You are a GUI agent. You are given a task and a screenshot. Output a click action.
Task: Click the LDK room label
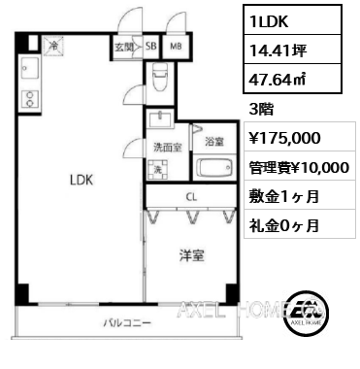(82, 180)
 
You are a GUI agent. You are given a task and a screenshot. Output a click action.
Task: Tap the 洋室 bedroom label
(192, 255)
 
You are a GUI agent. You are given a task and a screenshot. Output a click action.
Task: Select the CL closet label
(191, 197)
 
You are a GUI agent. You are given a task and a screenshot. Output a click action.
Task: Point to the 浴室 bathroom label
(214, 142)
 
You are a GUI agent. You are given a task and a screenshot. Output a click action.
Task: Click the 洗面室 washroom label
(167, 148)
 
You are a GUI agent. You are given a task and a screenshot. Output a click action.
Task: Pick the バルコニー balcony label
(127, 323)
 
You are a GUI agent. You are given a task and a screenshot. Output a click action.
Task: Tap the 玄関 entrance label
(124, 47)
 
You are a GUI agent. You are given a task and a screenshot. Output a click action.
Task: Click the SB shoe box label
(150, 47)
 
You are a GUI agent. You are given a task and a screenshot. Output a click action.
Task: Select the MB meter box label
(176, 47)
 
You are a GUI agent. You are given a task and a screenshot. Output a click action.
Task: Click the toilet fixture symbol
(160, 77)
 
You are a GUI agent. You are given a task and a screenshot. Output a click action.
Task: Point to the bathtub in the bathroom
(214, 168)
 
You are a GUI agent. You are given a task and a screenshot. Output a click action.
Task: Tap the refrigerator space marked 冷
(54, 46)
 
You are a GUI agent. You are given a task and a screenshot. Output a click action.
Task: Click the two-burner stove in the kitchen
(30, 99)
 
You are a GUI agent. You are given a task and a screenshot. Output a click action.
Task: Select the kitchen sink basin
(30, 68)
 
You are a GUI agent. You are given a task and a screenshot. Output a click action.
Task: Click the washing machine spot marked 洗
(157, 170)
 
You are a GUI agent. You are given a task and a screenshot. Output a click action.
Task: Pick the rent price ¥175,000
(284, 138)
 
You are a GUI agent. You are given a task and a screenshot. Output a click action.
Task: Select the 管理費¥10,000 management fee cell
(299, 167)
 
